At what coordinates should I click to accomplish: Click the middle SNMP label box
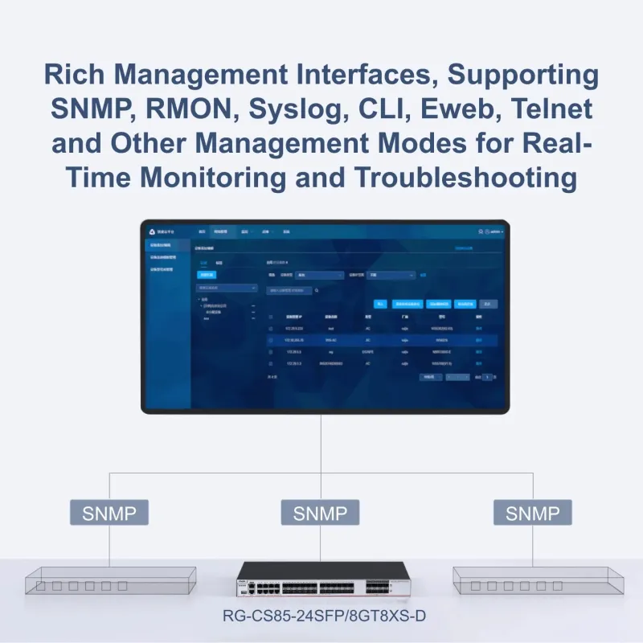pos(321,513)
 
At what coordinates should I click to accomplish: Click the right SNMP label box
pos(533,513)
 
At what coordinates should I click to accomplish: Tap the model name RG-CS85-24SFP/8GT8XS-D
pos(321,618)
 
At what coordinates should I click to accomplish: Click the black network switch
pos(321,582)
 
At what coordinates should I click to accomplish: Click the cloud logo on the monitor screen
pos(153,231)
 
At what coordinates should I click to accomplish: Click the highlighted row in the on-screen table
pos(382,340)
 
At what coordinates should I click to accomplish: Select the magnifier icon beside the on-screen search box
pos(317,290)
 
